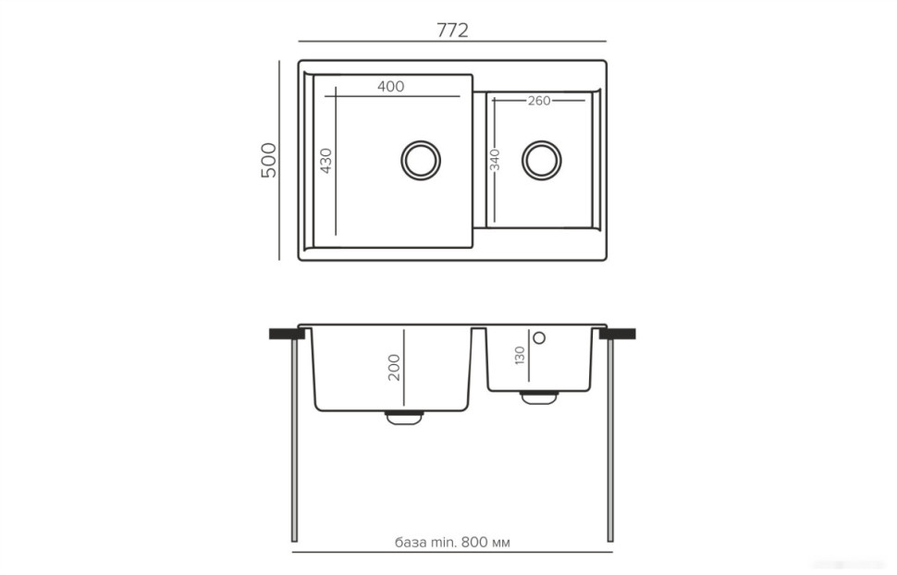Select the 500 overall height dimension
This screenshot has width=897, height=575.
click(x=268, y=160)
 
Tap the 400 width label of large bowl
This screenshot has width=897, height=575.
click(x=391, y=87)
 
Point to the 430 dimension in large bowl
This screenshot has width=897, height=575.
click(x=326, y=161)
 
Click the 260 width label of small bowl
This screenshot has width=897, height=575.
click(x=539, y=101)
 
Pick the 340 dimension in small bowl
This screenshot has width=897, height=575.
click(x=496, y=160)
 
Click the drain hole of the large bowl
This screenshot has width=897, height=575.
click(x=420, y=160)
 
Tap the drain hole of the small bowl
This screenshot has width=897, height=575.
click(x=541, y=160)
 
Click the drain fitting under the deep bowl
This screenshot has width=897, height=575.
click(x=402, y=418)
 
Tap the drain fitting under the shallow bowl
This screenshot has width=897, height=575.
click(x=538, y=397)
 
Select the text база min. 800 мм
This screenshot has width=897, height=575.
click(x=452, y=543)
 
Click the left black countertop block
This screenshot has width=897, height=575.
click(x=283, y=333)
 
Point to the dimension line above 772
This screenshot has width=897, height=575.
click(x=452, y=42)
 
